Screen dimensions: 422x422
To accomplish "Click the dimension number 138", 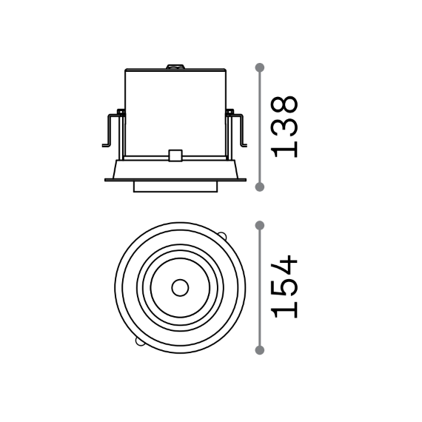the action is (x=285, y=127).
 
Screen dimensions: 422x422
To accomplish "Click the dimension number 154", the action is (x=285, y=287).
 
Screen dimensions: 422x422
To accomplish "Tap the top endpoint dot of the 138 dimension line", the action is (x=260, y=67).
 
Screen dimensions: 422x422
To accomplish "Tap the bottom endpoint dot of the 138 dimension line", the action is (x=260, y=187).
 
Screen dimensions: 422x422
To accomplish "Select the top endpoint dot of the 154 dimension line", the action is (x=260, y=226).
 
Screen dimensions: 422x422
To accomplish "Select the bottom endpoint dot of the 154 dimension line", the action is (x=260, y=350).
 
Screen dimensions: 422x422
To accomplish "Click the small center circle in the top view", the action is (x=180, y=288).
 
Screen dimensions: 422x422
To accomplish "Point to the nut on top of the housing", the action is (x=175, y=67).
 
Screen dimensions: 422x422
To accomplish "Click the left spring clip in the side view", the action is (x=113, y=129).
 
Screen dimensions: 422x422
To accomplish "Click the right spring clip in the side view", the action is (x=235, y=129).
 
